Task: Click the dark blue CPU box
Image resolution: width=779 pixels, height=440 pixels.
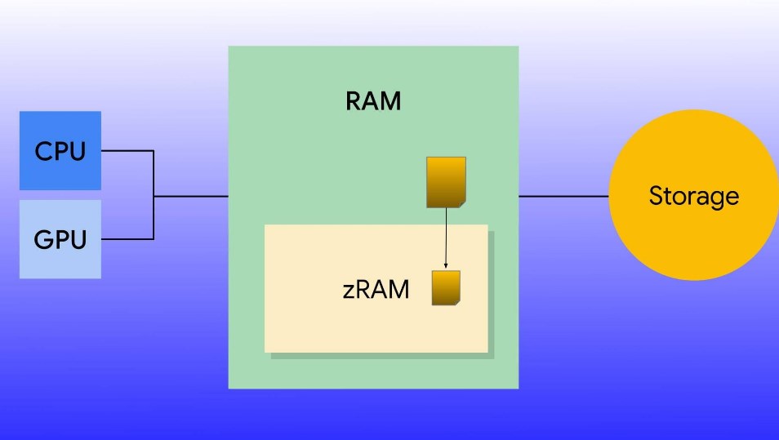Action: pyautogui.click(x=60, y=150)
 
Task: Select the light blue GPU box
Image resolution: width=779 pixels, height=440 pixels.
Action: pyautogui.click(x=60, y=240)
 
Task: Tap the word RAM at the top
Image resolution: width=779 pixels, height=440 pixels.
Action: pyautogui.click(x=373, y=102)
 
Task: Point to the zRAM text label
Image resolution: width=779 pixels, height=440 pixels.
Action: pyautogui.click(x=376, y=289)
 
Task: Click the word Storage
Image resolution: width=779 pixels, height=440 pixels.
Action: pyautogui.click(x=693, y=196)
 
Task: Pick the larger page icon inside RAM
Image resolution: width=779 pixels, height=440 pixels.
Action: pyautogui.click(x=447, y=181)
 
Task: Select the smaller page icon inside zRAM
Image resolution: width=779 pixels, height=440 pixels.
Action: pyautogui.click(x=446, y=287)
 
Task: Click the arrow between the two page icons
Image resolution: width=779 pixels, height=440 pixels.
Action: pyautogui.click(x=446, y=237)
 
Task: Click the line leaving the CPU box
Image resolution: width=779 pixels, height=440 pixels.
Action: pyautogui.click(x=127, y=151)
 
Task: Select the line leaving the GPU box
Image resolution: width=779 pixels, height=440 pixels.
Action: pyautogui.click(x=127, y=239)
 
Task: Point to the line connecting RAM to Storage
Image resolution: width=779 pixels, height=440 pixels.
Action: pyautogui.click(x=563, y=196)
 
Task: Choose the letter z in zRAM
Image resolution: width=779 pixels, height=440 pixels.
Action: pyautogui.click(x=348, y=291)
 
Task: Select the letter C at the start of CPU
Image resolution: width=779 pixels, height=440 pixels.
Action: pyautogui.click(x=43, y=151)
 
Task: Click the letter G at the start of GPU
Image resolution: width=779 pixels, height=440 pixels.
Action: pyautogui.click(x=43, y=240)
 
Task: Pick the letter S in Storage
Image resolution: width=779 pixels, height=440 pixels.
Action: pyautogui.click(x=656, y=196)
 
